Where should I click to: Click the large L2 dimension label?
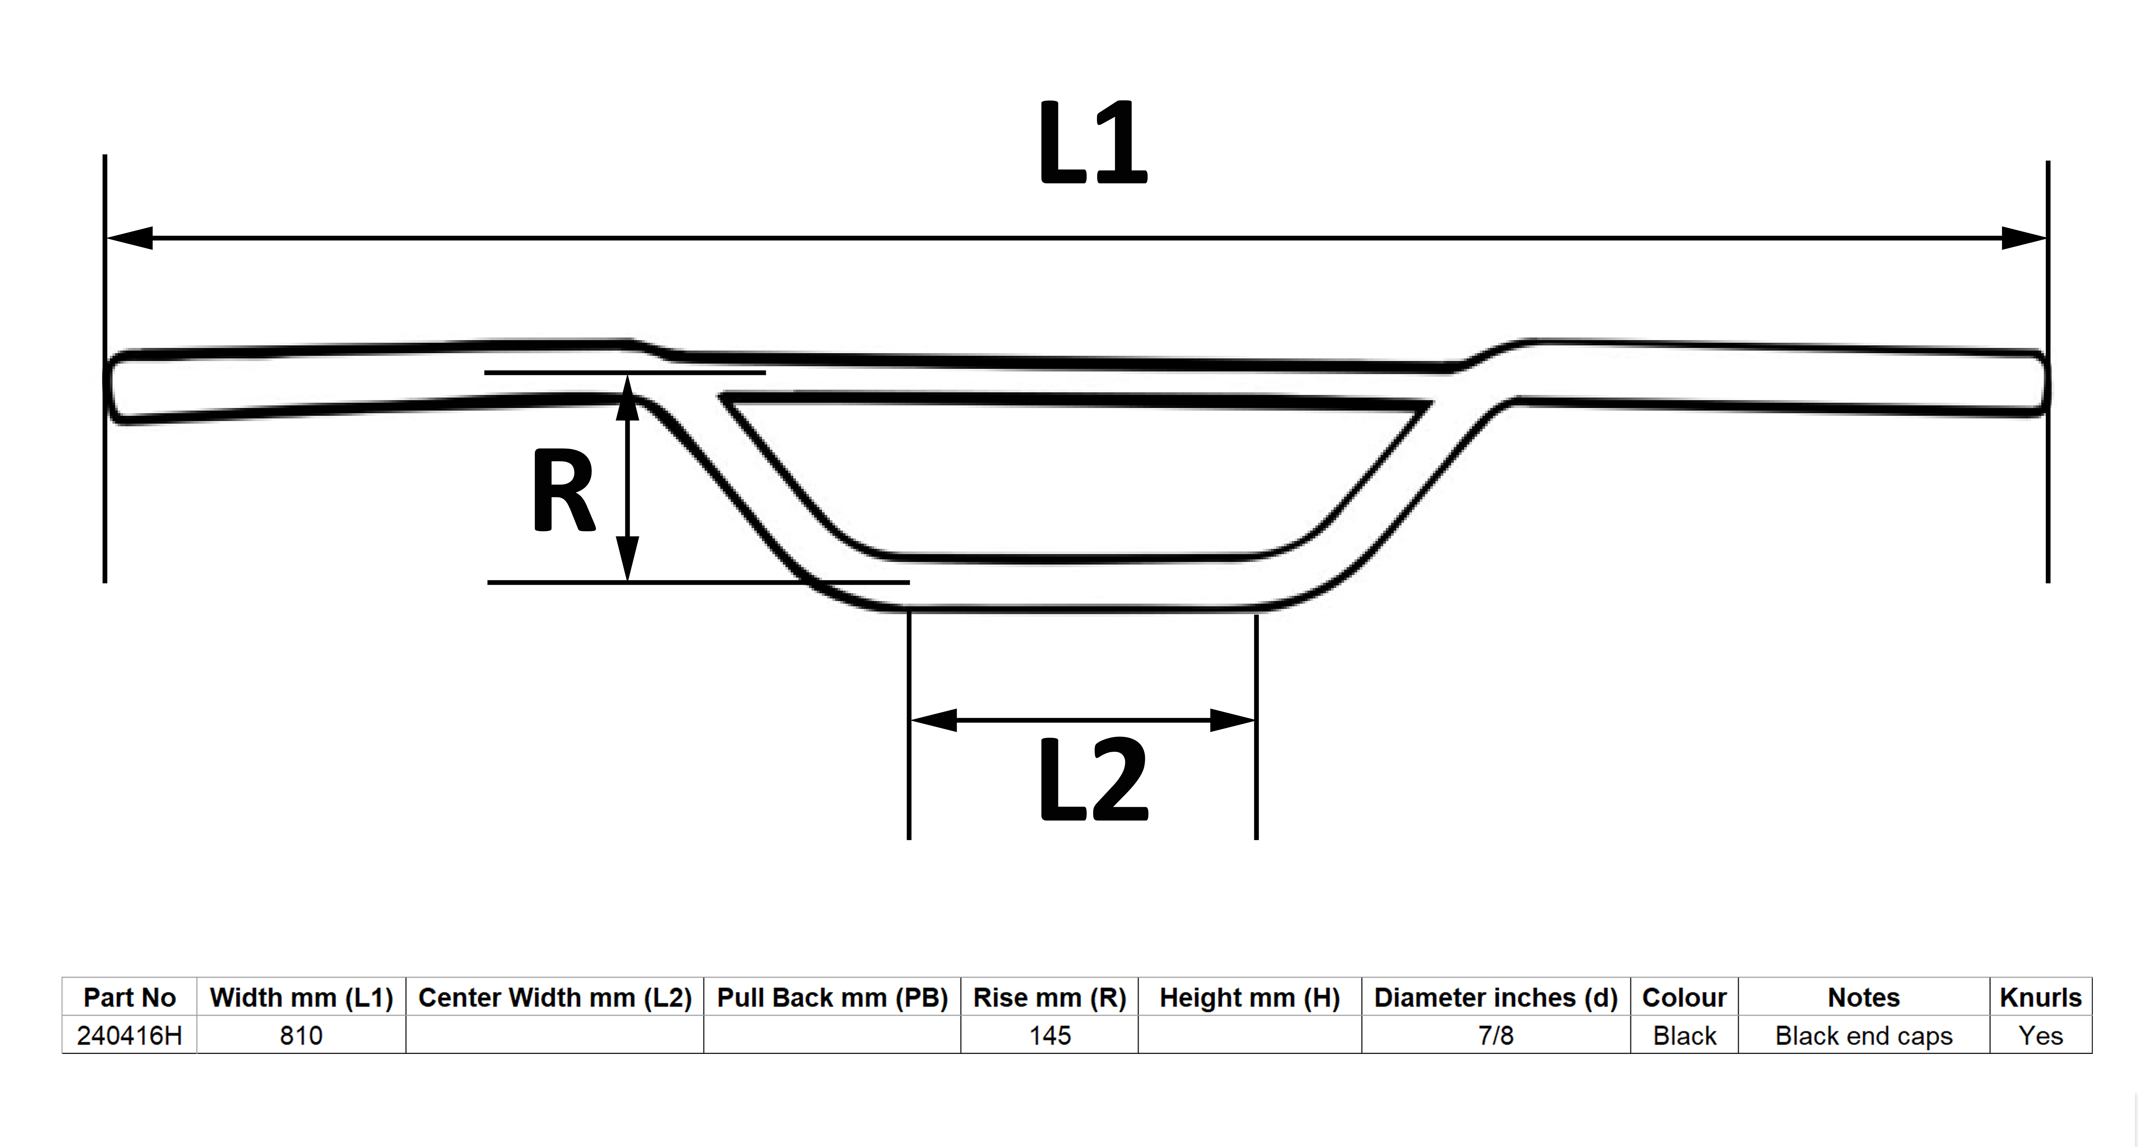click(1093, 780)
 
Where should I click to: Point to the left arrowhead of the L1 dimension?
click(130, 238)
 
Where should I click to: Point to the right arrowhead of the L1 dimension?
click(2024, 238)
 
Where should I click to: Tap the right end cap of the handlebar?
click(2038, 383)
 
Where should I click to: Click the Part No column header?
click(130, 997)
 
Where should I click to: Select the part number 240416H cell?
click(130, 1036)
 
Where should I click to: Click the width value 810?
click(301, 1036)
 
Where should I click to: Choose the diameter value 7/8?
click(1496, 1036)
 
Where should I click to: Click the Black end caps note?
click(1864, 1036)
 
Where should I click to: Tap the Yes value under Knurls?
click(2041, 1036)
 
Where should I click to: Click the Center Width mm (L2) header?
click(555, 997)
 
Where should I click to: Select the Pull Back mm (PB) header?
click(833, 997)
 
